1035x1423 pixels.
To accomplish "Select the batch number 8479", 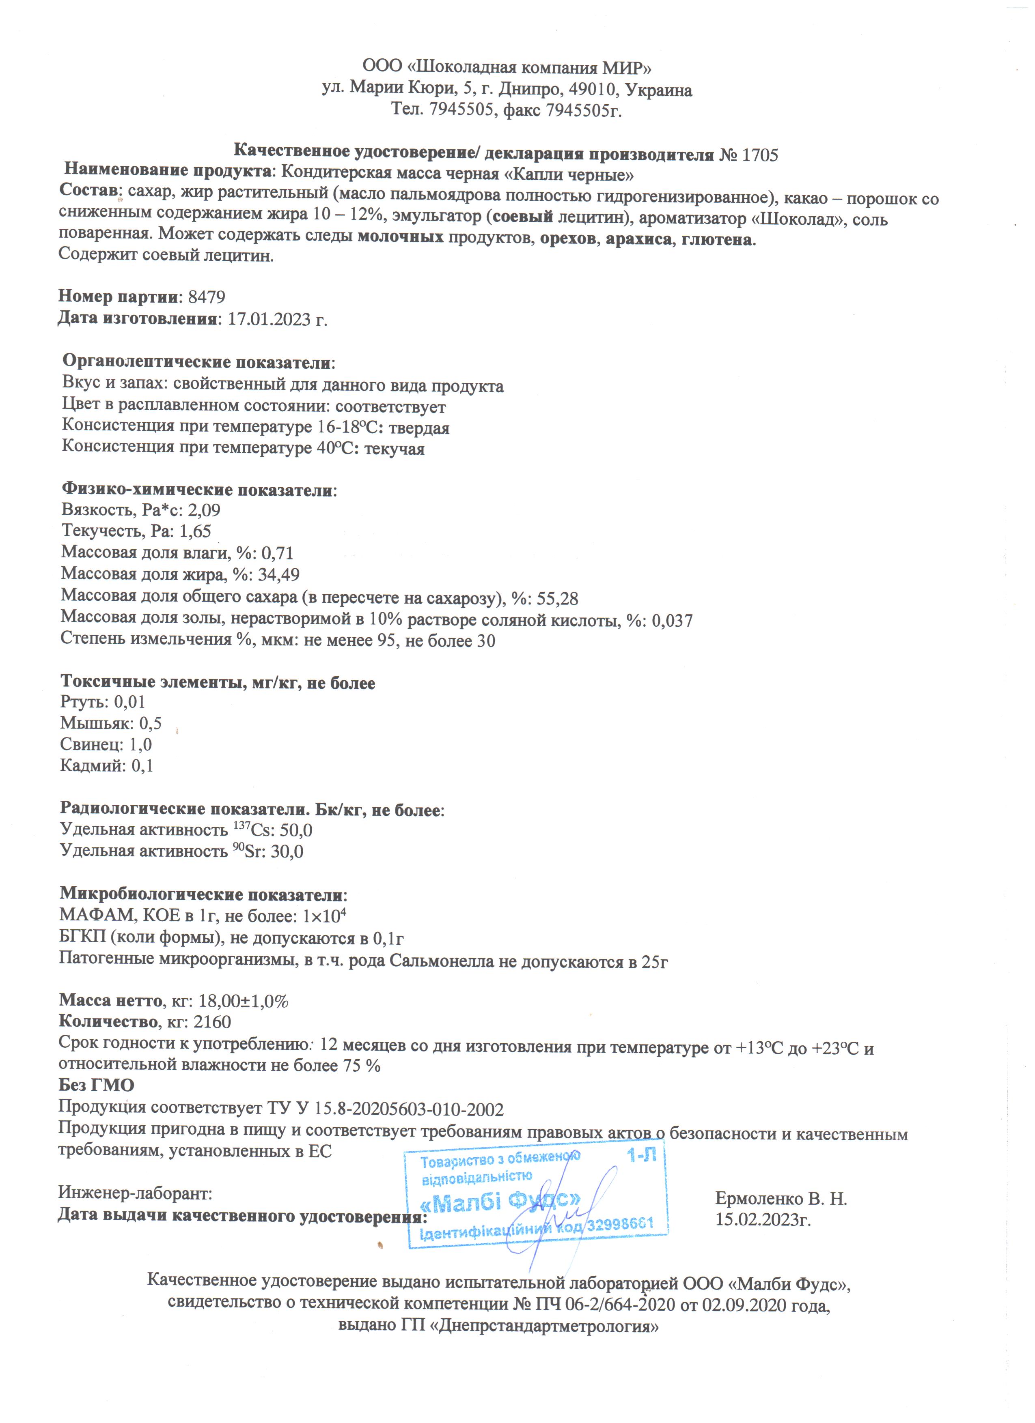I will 207,297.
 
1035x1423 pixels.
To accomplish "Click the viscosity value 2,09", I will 204,509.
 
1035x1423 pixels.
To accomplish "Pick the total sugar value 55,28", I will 557,598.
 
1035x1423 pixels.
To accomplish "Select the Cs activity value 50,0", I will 295,830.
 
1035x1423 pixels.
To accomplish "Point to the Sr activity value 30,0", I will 287,851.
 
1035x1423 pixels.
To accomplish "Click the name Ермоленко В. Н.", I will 781,1199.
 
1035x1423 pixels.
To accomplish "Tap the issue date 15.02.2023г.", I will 763,1220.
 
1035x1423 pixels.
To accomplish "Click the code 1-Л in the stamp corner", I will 641,1156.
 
